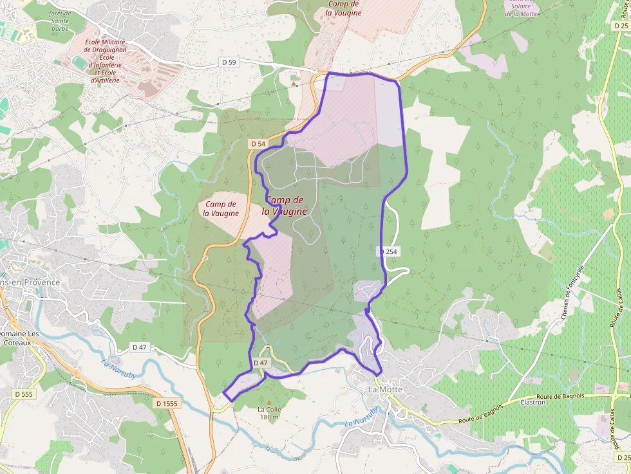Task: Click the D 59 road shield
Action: [x=229, y=62]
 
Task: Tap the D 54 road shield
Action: [x=258, y=143]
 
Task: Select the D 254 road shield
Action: [x=389, y=252]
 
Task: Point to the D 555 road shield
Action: [x=24, y=394]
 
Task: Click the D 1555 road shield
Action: [x=167, y=403]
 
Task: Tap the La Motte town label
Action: [x=385, y=390]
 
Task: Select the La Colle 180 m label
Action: [x=268, y=413]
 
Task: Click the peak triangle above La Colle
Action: [x=269, y=402]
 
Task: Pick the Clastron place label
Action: [x=532, y=403]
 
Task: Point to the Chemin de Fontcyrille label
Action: [x=572, y=293]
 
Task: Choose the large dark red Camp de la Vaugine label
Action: [x=284, y=206]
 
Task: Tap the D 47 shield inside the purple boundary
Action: [x=260, y=363]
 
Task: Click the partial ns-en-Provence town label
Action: [x=30, y=282]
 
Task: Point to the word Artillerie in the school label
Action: [x=105, y=80]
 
